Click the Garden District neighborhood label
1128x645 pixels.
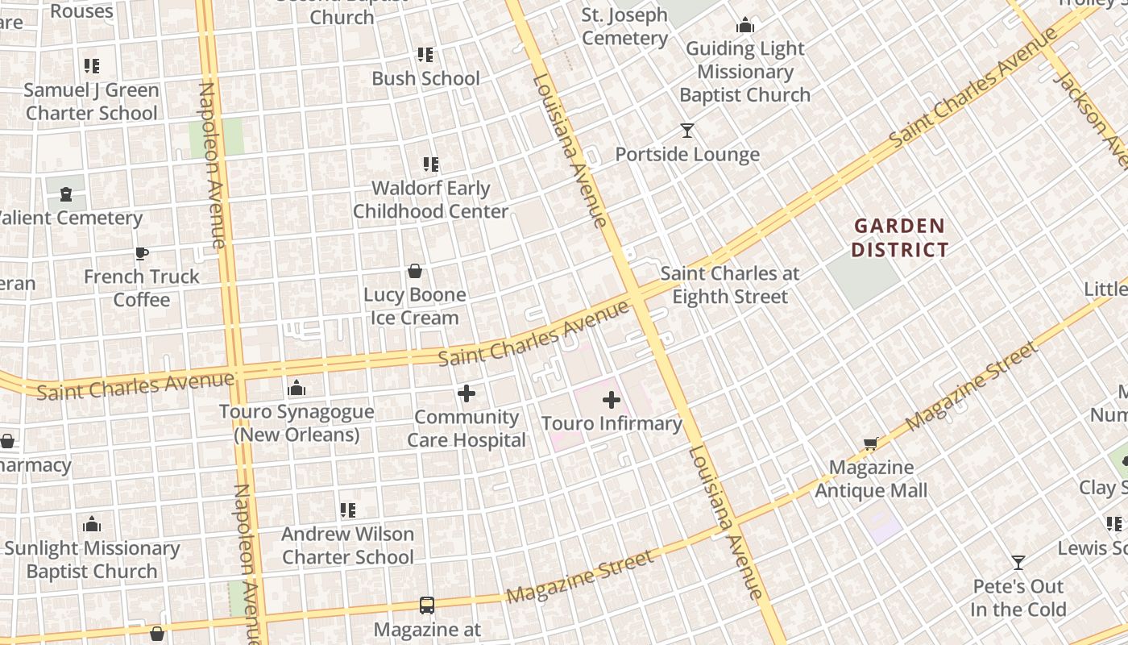[x=899, y=238]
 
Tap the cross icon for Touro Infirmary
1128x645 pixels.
[x=612, y=399]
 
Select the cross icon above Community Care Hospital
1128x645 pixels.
[x=467, y=393]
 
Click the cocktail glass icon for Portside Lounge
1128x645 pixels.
[x=687, y=130]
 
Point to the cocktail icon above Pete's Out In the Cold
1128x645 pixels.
[x=1018, y=562]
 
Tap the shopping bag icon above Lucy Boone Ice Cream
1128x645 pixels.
[x=415, y=271]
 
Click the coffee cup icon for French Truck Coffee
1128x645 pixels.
[x=142, y=253]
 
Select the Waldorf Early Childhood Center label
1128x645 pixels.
[x=431, y=200]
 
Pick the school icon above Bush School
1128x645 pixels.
[x=425, y=55]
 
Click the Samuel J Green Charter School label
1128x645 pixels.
[x=92, y=102]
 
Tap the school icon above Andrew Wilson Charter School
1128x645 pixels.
[x=348, y=510]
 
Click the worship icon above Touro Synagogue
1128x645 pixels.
[x=297, y=389]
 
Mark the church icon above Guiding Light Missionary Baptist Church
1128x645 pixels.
[x=745, y=26]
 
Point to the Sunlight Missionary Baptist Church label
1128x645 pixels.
[x=92, y=560]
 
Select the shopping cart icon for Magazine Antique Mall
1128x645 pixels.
[x=871, y=443]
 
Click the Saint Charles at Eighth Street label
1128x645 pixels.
[x=730, y=285]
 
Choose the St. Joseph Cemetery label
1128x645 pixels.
[x=624, y=27]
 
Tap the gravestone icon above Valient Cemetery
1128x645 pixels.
[x=66, y=193]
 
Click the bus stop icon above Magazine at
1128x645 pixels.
[x=427, y=605]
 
